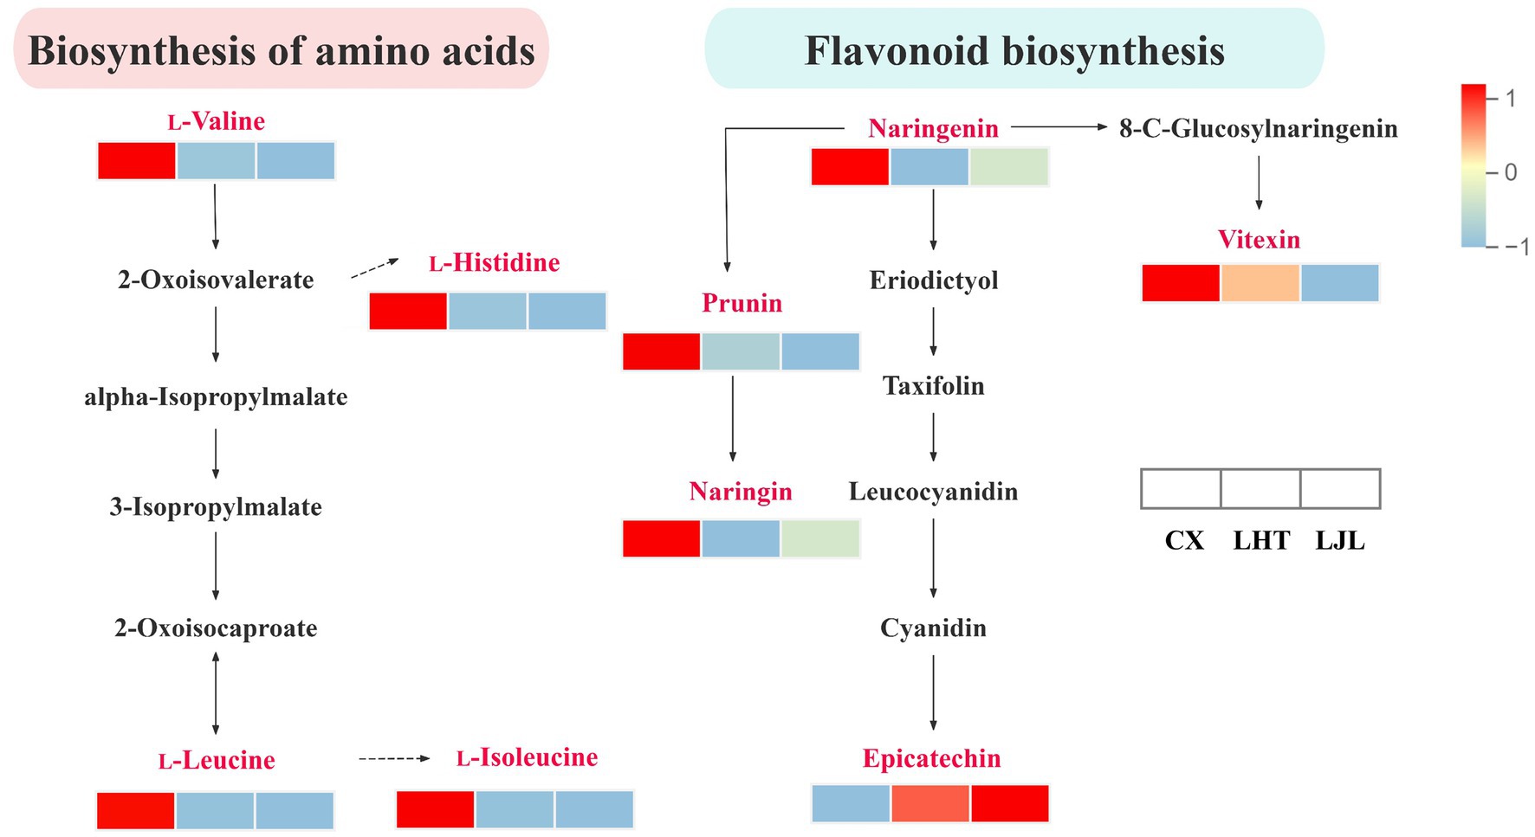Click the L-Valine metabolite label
(x=216, y=121)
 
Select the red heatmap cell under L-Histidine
(x=408, y=312)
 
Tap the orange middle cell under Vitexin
(x=1260, y=283)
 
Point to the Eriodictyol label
(x=933, y=280)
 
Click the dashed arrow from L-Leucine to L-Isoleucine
(x=394, y=759)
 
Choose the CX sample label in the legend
(x=1183, y=541)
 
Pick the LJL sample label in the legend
(x=1339, y=541)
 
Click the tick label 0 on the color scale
(x=1511, y=172)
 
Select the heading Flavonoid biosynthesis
(x=1014, y=50)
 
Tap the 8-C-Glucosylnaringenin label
(x=1258, y=129)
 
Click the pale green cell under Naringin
(x=819, y=538)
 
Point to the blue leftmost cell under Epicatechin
(x=851, y=803)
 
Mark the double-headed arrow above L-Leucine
(x=216, y=692)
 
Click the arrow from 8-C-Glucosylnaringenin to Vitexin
(x=1259, y=183)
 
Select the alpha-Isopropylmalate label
(x=216, y=397)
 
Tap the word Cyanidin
(x=933, y=628)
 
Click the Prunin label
(x=742, y=303)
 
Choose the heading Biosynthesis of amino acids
(x=282, y=50)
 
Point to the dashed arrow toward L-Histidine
(x=374, y=268)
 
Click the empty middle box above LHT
(x=1260, y=489)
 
